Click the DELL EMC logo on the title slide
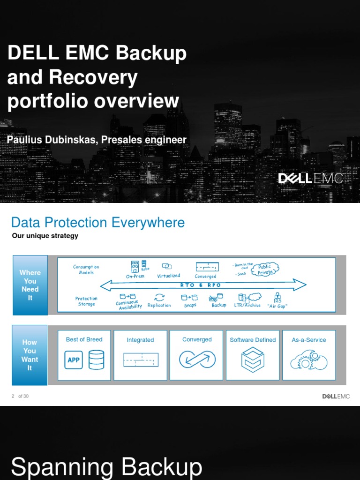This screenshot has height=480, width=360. tap(310, 179)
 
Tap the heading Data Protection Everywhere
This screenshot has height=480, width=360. tap(98, 222)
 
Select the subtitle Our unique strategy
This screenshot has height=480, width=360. tap(45, 236)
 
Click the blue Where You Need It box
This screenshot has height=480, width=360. tap(30, 285)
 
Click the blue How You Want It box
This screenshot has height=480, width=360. tap(30, 355)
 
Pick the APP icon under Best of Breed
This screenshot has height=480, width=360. tap(74, 360)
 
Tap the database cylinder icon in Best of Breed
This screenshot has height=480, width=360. tap(96, 360)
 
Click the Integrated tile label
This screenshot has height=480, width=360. tap(140, 340)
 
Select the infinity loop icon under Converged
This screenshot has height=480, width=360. tap(197, 360)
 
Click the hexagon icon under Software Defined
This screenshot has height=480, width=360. tap(253, 360)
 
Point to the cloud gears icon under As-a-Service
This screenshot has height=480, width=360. tap(309, 360)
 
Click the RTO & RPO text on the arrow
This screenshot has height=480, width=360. tap(201, 285)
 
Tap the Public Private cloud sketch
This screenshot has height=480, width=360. tap(265, 269)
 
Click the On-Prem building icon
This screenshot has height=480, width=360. tap(135, 267)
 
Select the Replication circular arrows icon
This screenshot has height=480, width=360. tap(159, 297)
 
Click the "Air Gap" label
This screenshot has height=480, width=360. tap(277, 306)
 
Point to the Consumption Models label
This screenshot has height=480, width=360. tap(86, 270)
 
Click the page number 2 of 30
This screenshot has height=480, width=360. tap(20, 396)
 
